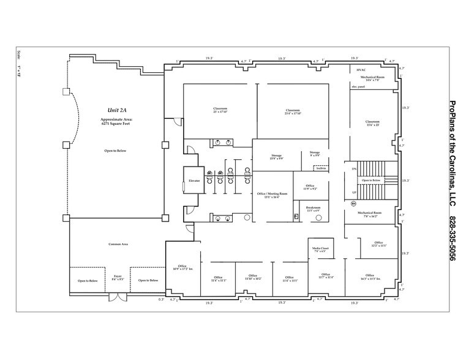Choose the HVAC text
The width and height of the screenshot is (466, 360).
(x=361, y=70)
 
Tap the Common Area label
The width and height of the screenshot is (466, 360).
(x=118, y=244)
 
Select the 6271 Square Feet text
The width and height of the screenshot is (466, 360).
(x=116, y=124)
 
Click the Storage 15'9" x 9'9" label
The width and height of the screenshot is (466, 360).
(x=276, y=157)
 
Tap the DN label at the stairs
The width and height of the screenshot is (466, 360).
(x=354, y=168)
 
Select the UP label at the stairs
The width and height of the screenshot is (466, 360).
(x=354, y=193)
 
